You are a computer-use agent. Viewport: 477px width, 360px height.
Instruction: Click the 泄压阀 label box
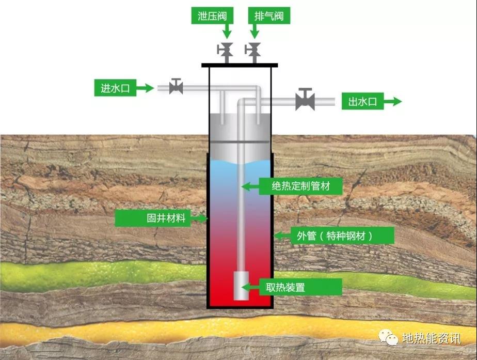coord(212,15)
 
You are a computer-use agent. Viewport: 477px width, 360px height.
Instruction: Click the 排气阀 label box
coord(269,15)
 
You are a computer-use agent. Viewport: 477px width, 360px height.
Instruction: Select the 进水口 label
coord(115,88)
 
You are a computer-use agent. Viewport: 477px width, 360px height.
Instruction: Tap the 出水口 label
coord(362,101)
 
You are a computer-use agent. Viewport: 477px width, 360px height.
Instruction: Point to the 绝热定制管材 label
coord(300,186)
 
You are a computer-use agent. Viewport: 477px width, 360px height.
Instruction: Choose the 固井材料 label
coord(153,218)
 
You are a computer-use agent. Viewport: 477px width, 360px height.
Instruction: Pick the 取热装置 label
coord(300,287)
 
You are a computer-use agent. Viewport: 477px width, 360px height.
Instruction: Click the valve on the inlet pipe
coord(176,86)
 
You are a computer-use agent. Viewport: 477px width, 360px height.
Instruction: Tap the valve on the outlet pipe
coord(305,99)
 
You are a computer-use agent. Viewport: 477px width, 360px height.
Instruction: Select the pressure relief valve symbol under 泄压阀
coord(225,52)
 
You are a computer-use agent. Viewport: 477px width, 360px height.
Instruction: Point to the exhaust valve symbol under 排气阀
coord(252,52)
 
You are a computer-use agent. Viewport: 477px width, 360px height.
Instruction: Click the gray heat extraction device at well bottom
coord(241,286)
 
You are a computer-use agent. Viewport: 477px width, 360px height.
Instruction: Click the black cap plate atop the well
coord(240,65)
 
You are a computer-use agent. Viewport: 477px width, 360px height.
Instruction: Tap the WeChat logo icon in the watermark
coord(388,337)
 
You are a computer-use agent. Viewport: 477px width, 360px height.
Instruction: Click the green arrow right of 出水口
coord(392,101)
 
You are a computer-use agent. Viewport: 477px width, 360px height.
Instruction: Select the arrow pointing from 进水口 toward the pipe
coord(145,88)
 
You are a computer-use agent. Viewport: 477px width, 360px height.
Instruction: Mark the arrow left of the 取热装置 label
coord(250,287)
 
